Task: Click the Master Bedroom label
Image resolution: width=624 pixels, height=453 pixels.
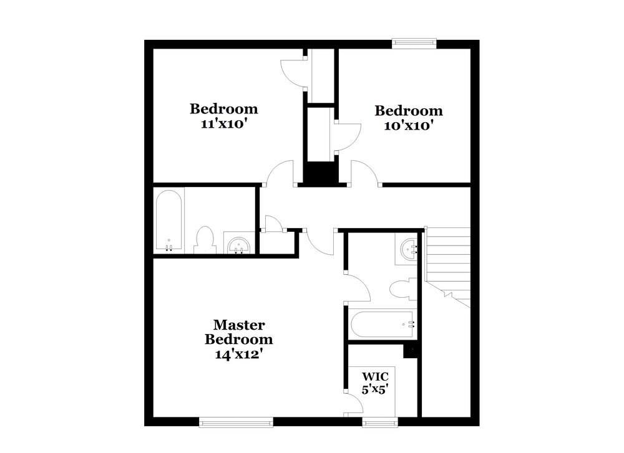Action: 239,332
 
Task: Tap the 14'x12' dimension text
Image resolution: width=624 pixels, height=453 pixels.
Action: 239,354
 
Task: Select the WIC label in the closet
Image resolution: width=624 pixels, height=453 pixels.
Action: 376,376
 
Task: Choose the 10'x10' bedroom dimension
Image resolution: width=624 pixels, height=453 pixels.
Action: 409,125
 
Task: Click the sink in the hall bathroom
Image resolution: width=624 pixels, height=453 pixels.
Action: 238,245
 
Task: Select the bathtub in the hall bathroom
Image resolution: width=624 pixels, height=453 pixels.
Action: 168,221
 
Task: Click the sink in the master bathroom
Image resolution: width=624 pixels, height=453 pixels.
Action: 409,249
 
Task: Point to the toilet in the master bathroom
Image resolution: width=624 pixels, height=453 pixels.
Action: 400,289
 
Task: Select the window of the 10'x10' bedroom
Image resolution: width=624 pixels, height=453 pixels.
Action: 414,43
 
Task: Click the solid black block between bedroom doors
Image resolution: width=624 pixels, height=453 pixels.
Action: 321,173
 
